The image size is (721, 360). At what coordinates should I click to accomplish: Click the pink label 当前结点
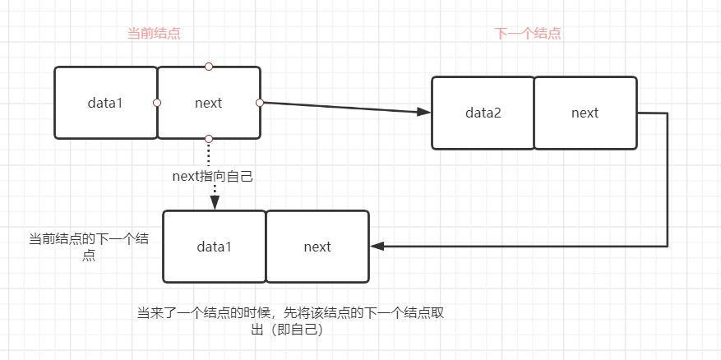point(154,34)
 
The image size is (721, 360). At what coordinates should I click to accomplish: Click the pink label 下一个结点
point(528,34)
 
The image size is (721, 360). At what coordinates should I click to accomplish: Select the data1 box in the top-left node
point(105,103)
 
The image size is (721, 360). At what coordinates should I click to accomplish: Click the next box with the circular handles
point(208,103)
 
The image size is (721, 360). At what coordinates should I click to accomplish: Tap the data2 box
point(483,113)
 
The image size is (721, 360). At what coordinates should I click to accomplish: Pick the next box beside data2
point(585,113)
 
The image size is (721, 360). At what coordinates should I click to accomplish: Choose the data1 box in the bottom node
point(214,247)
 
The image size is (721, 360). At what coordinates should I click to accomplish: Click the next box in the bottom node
point(317,247)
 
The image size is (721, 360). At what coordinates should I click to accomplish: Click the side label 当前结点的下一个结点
point(89,247)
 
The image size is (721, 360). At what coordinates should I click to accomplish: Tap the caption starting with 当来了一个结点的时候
point(291,321)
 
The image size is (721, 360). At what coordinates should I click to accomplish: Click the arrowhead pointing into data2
point(425,113)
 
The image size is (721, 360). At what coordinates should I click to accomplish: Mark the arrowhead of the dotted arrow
point(214,203)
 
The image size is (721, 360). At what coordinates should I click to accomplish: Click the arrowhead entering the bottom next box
point(377,246)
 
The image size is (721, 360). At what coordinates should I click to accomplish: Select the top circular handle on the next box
point(209,67)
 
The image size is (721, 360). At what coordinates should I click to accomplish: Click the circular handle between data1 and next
point(157,103)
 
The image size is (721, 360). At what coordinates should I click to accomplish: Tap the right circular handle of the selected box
point(260,103)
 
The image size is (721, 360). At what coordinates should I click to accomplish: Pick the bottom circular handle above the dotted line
point(209,139)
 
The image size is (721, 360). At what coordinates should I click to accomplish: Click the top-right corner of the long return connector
point(667,113)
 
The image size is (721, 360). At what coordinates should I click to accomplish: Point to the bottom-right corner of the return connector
point(667,245)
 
